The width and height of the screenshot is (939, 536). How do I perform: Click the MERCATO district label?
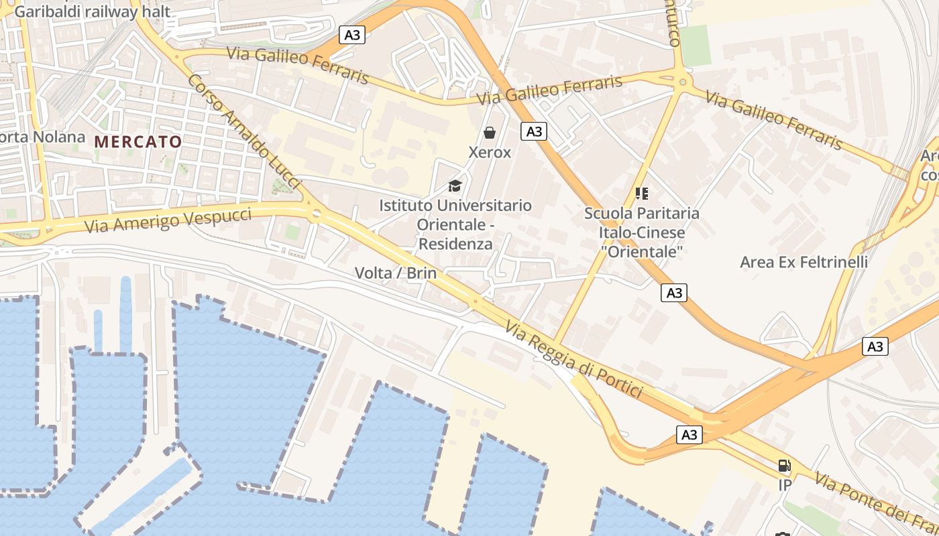(x=138, y=141)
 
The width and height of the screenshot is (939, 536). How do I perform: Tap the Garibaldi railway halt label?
(x=92, y=11)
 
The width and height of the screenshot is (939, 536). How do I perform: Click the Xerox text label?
(x=490, y=152)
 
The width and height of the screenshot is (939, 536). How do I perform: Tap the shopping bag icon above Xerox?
(x=490, y=133)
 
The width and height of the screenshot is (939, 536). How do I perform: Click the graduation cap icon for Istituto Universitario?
(x=455, y=185)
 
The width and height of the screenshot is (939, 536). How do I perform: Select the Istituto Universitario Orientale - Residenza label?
(x=455, y=224)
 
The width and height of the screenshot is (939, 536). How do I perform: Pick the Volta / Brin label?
(x=395, y=273)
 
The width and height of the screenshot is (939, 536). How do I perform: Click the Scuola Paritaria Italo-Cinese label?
(x=642, y=232)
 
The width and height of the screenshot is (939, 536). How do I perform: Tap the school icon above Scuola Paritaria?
(x=642, y=194)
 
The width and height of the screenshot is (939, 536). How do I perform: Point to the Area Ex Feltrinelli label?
(x=804, y=262)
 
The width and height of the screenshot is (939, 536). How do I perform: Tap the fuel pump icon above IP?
(x=784, y=466)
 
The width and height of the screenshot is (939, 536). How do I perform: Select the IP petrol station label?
(x=785, y=485)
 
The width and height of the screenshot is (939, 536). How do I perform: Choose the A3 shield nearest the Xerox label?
(x=534, y=131)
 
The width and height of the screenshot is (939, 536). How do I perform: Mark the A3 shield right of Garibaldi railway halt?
(x=352, y=35)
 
